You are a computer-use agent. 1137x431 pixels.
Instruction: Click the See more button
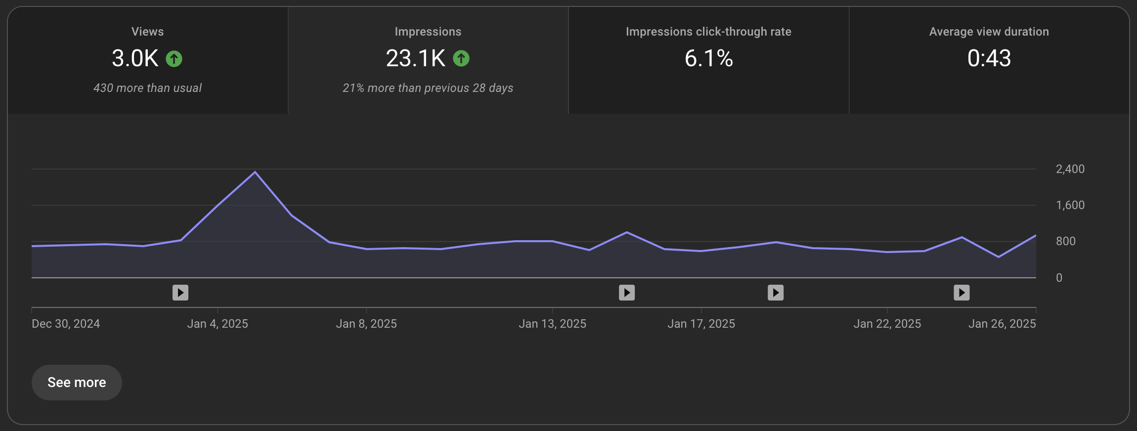[77, 383]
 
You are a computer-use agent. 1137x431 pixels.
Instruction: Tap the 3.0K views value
[135, 58]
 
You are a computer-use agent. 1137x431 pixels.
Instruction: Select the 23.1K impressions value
[415, 58]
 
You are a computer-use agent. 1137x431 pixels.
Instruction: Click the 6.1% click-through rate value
[708, 58]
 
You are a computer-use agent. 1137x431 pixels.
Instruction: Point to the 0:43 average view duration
[989, 58]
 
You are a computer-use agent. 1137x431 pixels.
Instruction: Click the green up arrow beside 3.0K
[174, 59]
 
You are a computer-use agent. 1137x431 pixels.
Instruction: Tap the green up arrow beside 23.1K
[461, 58]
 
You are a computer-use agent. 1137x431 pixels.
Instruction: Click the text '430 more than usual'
[147, 88]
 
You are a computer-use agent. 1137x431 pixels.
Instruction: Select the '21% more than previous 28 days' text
[428, 88]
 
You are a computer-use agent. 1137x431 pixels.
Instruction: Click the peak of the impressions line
[255, 172]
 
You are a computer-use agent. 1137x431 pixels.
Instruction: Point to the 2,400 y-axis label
[1070, 169]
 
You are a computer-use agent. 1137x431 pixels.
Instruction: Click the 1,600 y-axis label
[1070, 205]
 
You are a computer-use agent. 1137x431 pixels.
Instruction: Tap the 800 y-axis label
[1065, 241]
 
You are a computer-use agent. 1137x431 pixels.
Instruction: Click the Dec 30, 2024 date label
[66, 324]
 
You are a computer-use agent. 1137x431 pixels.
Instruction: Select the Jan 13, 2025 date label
[552, 324]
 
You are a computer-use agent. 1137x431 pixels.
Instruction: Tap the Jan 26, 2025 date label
[1002, 324]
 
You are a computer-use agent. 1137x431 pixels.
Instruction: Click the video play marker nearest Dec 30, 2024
[180, 293]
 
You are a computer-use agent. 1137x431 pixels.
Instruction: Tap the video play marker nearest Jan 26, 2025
[962, 293]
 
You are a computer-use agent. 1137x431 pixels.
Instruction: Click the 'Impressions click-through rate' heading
[708, 32]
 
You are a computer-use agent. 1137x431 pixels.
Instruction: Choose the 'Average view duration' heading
[989, 32]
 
